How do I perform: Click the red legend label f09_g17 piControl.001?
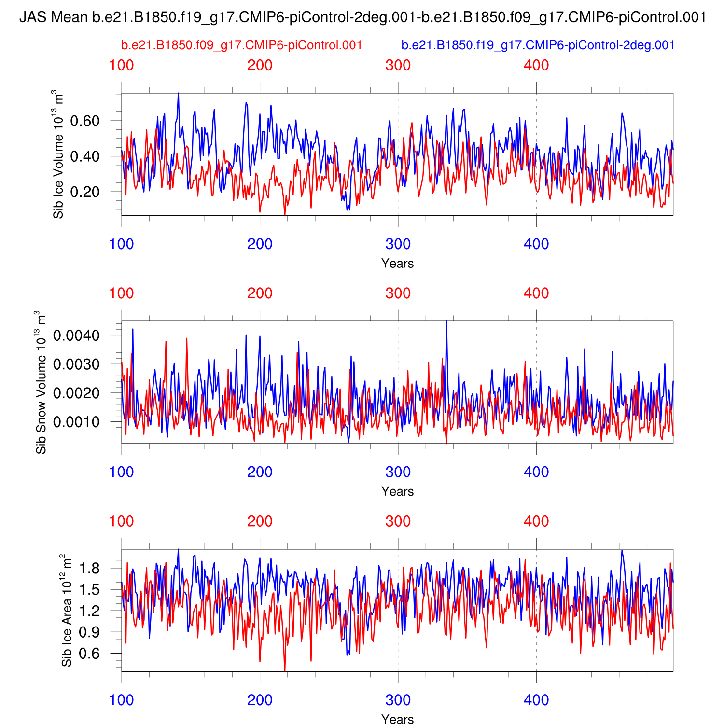click(x=241, y=45)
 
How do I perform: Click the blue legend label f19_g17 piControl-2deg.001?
click(x=538, y=45)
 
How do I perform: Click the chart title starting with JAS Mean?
click(x=362, y=18)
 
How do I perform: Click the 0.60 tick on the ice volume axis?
click(x=85, y=121)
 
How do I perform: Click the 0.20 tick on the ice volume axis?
click(x=85, y=192)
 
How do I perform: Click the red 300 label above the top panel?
click(x=398, y=65)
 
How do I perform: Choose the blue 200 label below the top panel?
click(x=260, y=244)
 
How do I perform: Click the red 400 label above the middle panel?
click(x=536, y=293)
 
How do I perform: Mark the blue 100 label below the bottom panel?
click(x=122, y=700)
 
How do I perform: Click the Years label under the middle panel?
click(x=397, y=491)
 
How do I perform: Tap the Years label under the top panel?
click(x=397, y=264)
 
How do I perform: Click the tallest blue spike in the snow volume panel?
click(x=446, y=322)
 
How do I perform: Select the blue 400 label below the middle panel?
click(x=536, y=472)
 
